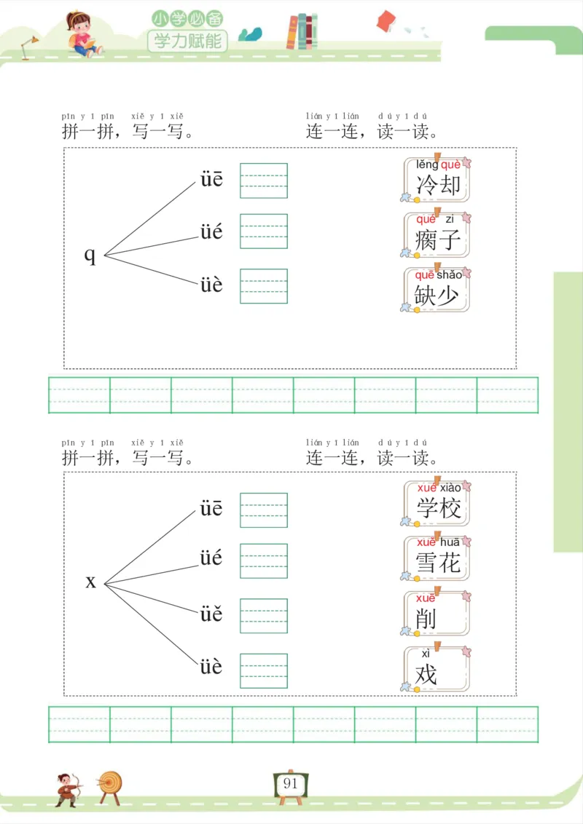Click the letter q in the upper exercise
tap(90, 255)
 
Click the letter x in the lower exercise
tap(91, 582)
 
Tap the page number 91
tap(291, 784)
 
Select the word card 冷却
tap(437, 180)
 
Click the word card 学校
tap(437, 504)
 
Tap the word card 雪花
tap(437, 558)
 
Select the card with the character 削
tap(437, 614)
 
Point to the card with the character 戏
tap(437, 669)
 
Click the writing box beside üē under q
tap(264, 181)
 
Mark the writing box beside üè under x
tap(264, 670)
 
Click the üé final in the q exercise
tap(211, 233)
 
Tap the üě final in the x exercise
tap(211, 614)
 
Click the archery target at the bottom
tap(111, 785)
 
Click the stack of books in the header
tap(302, 32)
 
